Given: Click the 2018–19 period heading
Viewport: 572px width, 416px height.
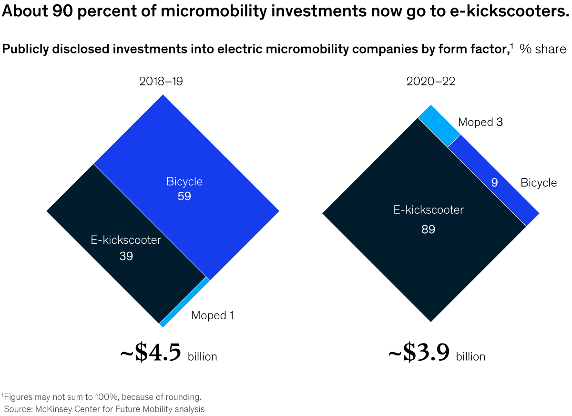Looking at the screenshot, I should (x=161, y=82).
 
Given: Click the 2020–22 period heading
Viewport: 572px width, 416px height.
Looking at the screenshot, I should (x=430, y=82).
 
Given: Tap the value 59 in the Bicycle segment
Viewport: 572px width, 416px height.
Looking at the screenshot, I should (x=184, y=196).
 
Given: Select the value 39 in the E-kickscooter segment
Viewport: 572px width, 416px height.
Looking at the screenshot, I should (x=126, y=256).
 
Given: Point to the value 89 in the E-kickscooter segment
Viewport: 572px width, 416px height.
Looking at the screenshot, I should (x=428, y=229).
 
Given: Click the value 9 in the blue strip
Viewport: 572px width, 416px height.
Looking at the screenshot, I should (x=494, y=183).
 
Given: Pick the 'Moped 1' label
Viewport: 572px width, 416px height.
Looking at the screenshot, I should (x=212, y=315).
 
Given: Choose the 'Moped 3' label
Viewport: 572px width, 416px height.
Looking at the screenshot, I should (x=480, y=123).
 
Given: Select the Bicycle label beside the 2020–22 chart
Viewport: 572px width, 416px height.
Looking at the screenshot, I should (x=538, y=183).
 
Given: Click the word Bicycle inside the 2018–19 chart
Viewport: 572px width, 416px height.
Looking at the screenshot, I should (x=184, y=182).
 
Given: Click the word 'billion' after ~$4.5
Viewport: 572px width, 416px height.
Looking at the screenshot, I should (x=202, y=357).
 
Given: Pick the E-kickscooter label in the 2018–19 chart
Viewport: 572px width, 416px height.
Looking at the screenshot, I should (x=126, y=240).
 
